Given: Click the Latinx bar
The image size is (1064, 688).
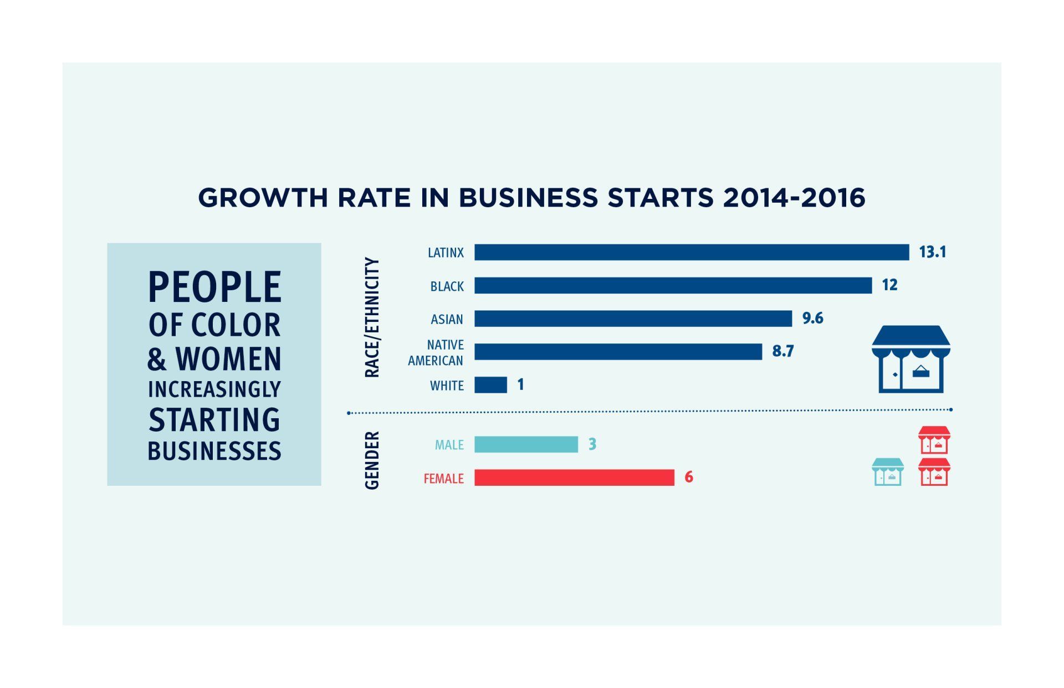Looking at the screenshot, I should [692, 252].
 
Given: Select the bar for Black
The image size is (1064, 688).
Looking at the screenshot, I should [673, 285].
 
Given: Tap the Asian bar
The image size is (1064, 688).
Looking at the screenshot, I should [633, 319].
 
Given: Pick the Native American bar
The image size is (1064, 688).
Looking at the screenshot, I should [618, 352].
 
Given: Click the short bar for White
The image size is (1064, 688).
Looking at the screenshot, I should [490, 385].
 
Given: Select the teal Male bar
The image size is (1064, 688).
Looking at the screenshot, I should [526, 444].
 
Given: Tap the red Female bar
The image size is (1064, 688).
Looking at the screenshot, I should [574, 478].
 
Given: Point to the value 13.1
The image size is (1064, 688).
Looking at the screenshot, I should [932, 252].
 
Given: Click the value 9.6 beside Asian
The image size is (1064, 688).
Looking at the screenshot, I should [812, 318].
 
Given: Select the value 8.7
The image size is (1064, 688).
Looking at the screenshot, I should [782, 351].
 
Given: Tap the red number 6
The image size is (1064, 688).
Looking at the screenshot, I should [689, 477].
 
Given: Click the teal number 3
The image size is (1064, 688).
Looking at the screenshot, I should [592, 444].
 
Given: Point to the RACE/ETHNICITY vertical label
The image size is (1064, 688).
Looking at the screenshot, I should [372, 317].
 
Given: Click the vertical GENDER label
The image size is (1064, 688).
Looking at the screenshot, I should [372, 460].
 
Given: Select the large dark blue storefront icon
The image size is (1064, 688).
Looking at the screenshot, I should [910, 359].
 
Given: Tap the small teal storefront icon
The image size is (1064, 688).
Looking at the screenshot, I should [887, 472].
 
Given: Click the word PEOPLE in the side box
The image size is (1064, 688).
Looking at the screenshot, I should [214, 287].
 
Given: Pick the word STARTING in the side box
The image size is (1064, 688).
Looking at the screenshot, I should [214, 419].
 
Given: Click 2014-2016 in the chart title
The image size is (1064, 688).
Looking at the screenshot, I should [794, 198].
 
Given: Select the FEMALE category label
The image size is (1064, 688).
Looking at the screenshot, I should [443, 479].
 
